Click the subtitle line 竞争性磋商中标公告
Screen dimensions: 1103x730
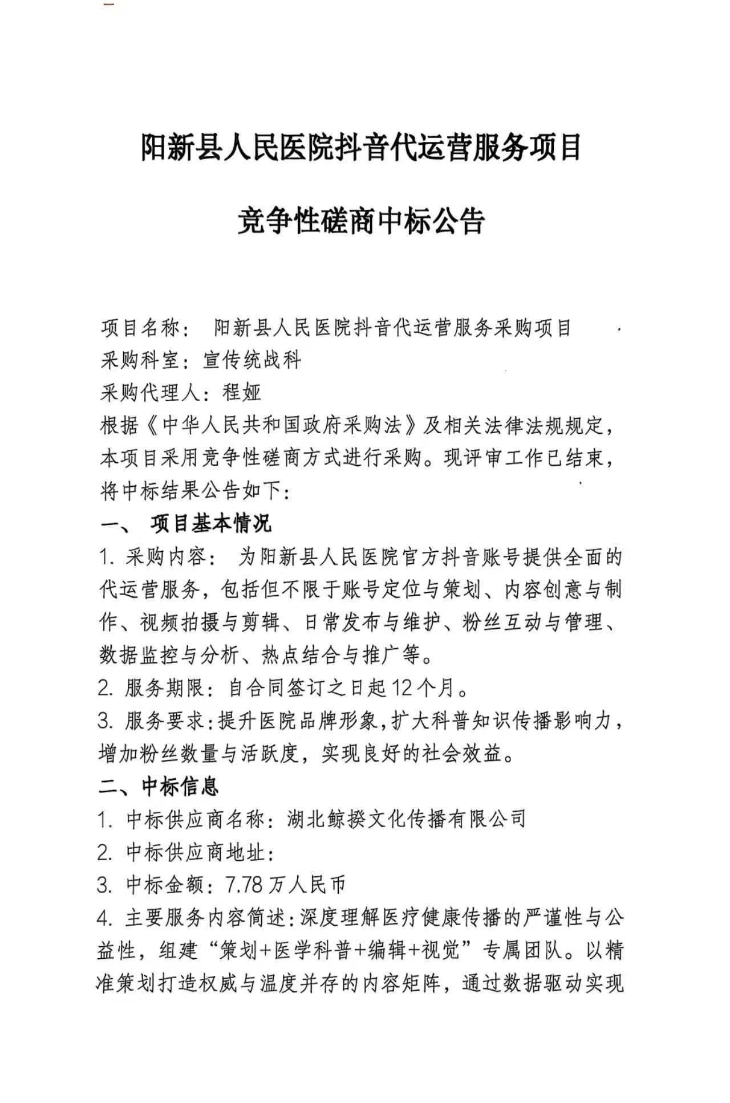[x=360, y=221]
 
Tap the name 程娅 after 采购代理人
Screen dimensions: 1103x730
[x=242, y=392]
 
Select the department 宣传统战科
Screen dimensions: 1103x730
[x=252, y=360]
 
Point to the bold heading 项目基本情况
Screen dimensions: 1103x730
[x=210, y=523]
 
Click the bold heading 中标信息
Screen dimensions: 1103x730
[x=180, y=787]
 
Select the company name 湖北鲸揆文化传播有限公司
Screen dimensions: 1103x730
[x=406, y=819]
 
